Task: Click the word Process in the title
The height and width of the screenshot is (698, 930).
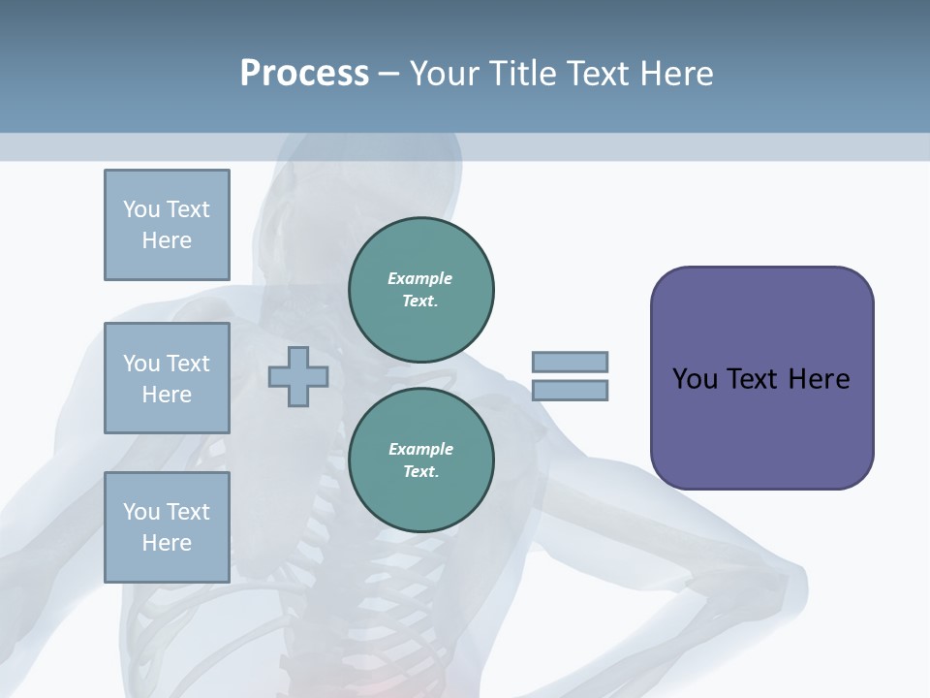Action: [x=304, y=74]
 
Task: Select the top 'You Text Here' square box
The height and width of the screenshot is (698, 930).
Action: [x=167, y=225]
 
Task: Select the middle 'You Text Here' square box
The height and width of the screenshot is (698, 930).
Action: [x=167, y=378]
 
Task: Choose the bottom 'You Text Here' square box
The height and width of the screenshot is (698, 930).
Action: [x=167, y=527]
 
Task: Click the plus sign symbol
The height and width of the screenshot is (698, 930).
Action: [x=297, y=376]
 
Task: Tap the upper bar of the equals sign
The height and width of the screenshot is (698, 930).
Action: [x=570, y=362]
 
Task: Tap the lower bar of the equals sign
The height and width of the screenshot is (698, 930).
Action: [x=570, y=391]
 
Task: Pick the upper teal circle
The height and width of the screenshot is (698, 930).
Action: [x=420, y=289]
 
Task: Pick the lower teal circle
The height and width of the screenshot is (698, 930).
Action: [x=420, y=460]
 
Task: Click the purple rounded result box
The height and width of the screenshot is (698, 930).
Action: [x=761, y=378]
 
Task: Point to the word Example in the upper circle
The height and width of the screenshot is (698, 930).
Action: [x=419, y=278]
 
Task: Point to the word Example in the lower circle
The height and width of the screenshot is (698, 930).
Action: [x=420, y=449]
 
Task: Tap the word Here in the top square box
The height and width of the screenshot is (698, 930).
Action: [x=167, y=240]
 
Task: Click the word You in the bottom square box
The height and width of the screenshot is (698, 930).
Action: [x=140, y=512]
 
